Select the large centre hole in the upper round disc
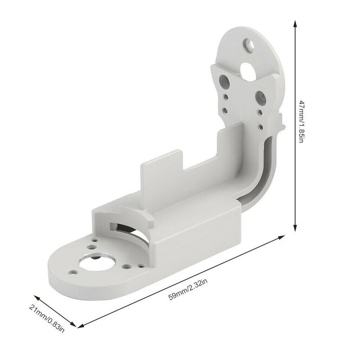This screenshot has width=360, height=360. pyautogui.click(x=248, y=68)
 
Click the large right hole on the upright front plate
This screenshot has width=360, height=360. pyautogui.click(x=260, y=96)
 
